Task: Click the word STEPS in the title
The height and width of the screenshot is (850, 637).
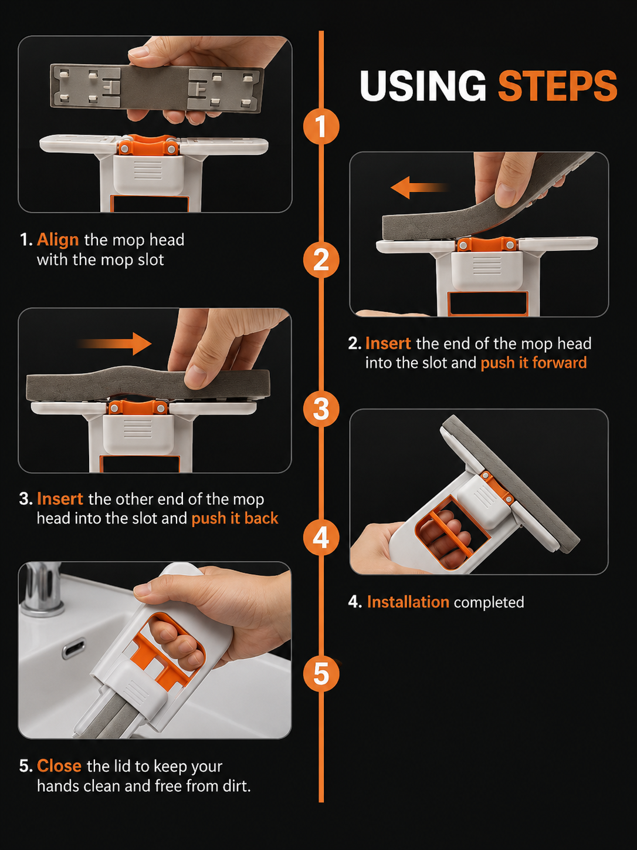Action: [557, 86]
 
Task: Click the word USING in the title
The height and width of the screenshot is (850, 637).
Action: [423, 86]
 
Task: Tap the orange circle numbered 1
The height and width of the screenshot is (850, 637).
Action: [321, 126]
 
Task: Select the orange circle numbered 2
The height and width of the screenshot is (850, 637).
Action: [321, 259]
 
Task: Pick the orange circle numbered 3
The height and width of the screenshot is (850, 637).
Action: [321, 409]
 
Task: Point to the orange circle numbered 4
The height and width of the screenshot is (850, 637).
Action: [321, 537]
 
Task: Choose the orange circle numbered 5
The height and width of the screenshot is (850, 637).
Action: [321, 674]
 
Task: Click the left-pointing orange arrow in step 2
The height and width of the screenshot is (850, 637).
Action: [419, 188]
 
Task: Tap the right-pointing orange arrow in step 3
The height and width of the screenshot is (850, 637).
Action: [115, 343]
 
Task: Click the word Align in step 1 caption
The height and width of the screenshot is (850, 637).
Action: [58, 241]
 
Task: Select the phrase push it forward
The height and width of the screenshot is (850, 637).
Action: [534, 363]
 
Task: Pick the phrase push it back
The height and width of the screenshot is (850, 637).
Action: [235, 518]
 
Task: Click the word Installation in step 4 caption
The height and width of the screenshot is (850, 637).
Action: [408, 602]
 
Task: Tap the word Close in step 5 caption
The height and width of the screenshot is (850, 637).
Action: [59, 765]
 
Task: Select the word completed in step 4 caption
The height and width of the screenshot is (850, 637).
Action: [489, 602]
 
